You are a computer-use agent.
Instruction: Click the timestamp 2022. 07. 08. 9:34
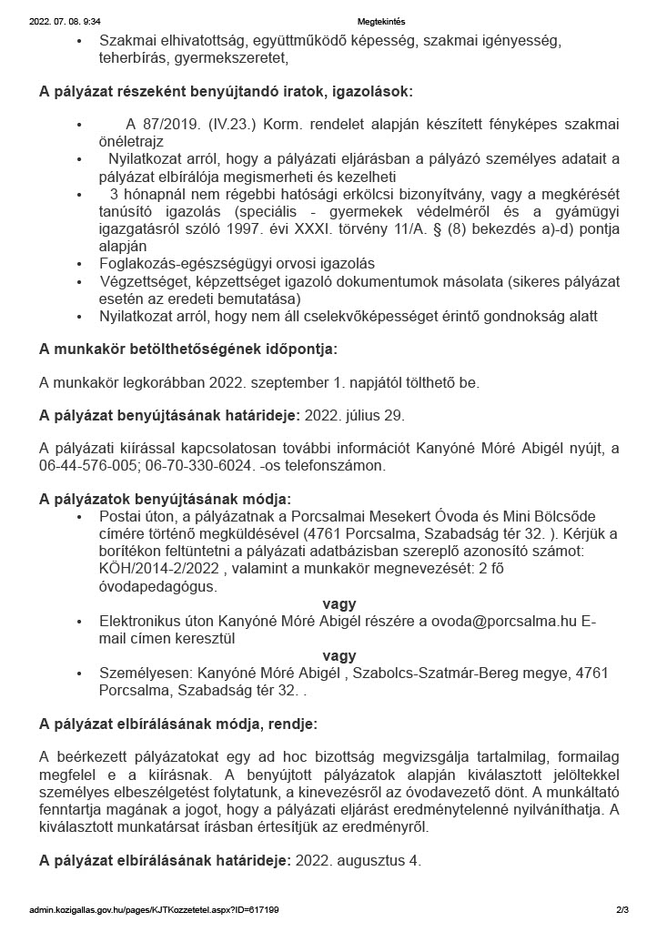coord(66,20)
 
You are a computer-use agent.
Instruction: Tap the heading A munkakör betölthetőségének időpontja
coord(187,349)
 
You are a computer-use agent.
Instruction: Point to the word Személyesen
coord(142,673)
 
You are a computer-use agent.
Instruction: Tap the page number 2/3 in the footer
coord(622,909)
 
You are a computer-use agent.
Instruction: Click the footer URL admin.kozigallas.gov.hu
coord(82,909)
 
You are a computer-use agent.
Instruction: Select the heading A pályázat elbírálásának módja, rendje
coord(177,724)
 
